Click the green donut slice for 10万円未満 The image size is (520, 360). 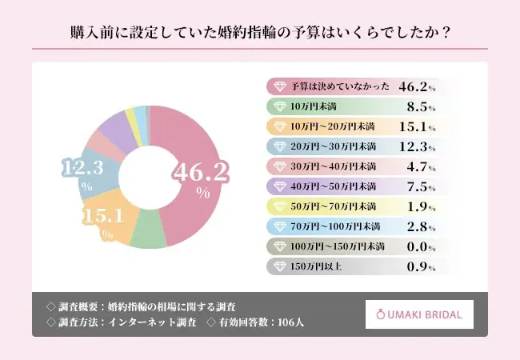[145, 233]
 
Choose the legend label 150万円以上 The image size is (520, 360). [315, 266]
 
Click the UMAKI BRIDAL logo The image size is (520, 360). [419, 314]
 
